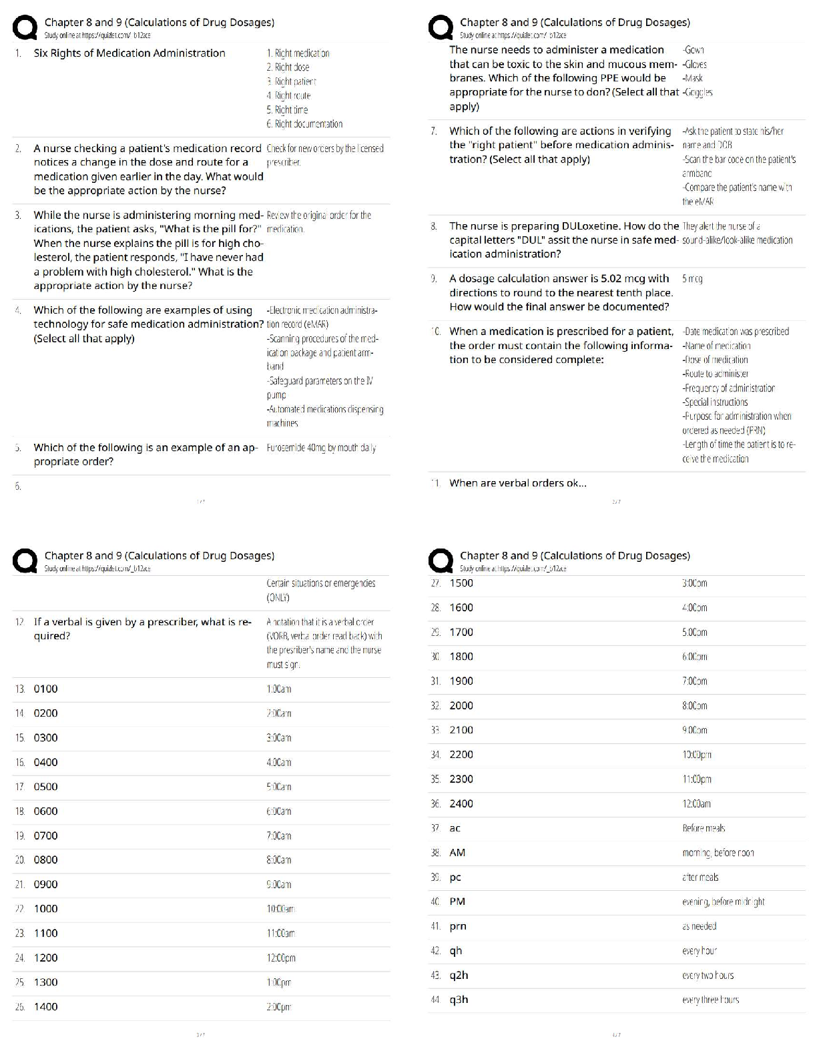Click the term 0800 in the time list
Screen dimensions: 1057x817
(46, 859)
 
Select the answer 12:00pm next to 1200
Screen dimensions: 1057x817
(281, 958)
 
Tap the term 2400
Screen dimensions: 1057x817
(461, 803)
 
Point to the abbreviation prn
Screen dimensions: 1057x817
(458, 926)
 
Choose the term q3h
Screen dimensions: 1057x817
(459, 1000)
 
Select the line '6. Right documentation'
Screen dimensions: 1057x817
(304, 123)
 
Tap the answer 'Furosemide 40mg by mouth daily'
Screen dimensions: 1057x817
(321, 448)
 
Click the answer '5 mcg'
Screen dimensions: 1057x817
(692, 278)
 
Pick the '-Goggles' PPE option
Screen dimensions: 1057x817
(698, 92)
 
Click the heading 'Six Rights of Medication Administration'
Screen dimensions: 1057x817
(129, 53)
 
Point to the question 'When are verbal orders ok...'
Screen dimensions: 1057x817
(518, 483)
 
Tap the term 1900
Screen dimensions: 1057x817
(461, 681)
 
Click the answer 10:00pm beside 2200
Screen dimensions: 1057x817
(696, 755)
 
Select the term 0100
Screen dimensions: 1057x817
(46, 689)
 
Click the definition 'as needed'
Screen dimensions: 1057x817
(699, 926)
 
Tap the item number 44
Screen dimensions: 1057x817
(435, 1000)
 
